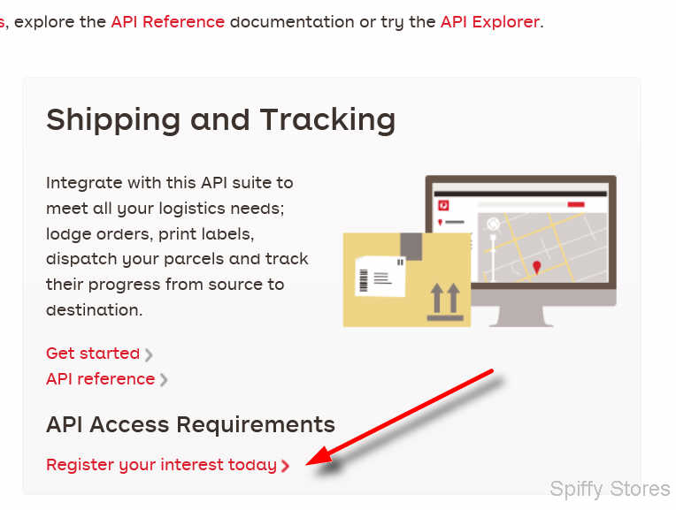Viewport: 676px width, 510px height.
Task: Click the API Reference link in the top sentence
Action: coord(168,21)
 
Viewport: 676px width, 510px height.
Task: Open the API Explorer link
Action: coord(490,21)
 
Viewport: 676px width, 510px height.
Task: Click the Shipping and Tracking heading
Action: coord(220,120)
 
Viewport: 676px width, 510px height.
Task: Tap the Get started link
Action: coord(93,354)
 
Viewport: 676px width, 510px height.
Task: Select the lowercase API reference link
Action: coord(101,379)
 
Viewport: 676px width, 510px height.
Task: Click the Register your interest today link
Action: coord(161,465)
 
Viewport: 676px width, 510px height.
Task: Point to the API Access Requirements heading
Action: coord(190,425)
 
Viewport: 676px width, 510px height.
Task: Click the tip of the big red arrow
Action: coord(306,464)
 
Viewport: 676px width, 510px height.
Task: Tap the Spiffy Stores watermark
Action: coord(610,490)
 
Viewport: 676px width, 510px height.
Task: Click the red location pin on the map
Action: coord(537,267)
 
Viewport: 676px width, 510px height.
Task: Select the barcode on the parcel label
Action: coord(364,280)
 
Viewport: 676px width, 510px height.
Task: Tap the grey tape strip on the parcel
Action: coord(411,247)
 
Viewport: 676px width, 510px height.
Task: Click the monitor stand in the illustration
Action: coord(521,316)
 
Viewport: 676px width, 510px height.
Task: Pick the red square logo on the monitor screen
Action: coord(443,205)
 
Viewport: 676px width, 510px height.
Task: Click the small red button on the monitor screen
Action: coord(575,204)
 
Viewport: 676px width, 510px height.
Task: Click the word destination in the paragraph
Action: coord(94,309)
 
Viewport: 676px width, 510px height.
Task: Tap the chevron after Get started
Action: coord(149,354)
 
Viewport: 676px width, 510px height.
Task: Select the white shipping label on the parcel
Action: coord(380,277)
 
